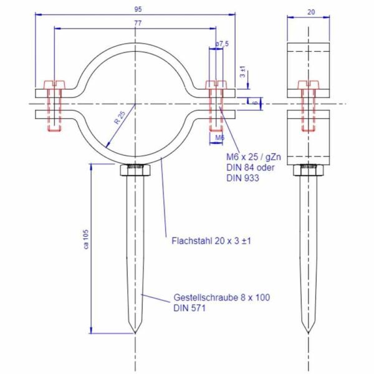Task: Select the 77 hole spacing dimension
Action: pos(136,23)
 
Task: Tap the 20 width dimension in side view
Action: pos(310,11)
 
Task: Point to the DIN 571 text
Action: pos(189,308)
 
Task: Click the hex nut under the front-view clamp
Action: pos(135,169)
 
